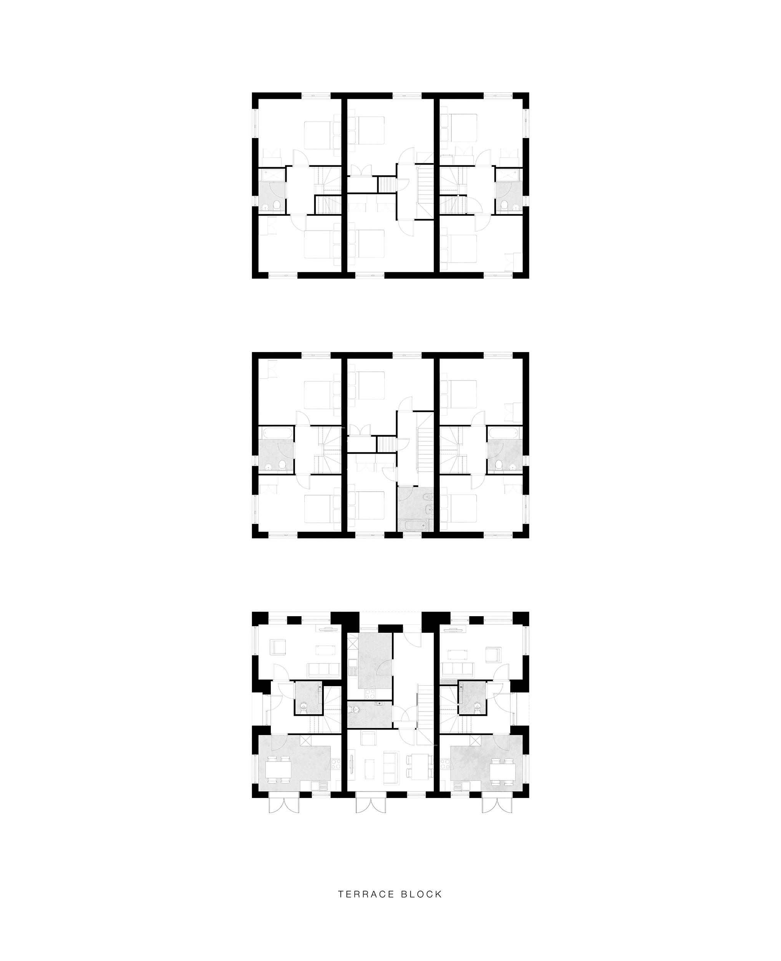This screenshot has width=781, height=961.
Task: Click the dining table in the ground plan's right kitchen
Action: pyautogui.click(x=502, y=769)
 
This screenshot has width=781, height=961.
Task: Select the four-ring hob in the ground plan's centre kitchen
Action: pyautogui.click(x=371, y=693)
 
